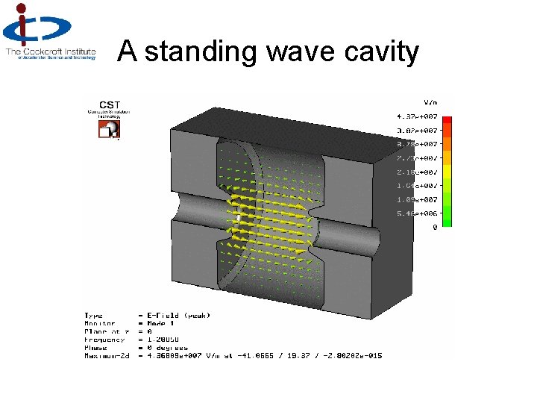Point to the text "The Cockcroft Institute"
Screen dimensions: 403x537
tap(51, 51)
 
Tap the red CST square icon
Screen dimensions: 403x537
tap(110, 129)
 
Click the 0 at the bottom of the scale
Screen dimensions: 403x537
tap(435, 227)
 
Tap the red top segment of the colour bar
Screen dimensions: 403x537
tap(447, 120)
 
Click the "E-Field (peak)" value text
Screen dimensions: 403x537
tap(178, 316)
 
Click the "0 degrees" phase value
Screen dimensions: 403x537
tap(168, 348)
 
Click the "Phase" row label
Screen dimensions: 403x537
tap(95, 348)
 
